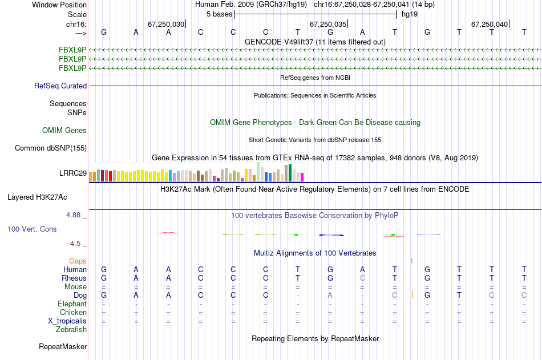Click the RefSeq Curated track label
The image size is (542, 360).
tap(60, 86)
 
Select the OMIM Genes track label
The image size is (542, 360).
tap(64, 131)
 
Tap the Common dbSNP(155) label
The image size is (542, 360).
tap(51, 148)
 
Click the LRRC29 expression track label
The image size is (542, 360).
tap(73, 173)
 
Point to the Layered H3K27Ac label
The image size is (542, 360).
tap(37, 197)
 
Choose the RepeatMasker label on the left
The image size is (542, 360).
tap(63, 347)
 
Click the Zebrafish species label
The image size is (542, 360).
tap(71, 330)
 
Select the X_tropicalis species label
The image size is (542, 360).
tap(67, 321)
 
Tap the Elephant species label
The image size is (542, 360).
tap(72, 304)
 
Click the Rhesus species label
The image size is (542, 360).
tap(74, 278)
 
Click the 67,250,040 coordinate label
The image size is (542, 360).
tap(489, 25)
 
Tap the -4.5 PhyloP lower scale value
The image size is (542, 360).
tap(75, 244)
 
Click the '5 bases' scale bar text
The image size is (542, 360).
tap(219, 14)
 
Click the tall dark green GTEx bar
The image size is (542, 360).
tap(290, 172)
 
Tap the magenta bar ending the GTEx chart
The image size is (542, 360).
tap(302, 177)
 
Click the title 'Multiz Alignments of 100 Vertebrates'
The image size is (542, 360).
tap(315, 253)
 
